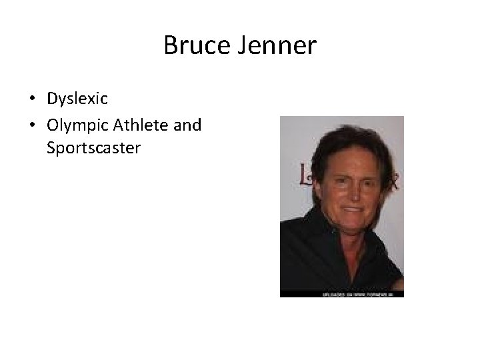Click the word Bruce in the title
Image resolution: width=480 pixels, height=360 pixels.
pos(193,46)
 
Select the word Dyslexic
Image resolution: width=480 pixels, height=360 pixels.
pos(77,99)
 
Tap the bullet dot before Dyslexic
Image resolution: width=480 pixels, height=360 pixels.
pos(32,99)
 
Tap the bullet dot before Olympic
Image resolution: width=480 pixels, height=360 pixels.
pos(32,125)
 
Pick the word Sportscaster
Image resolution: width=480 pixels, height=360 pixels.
pos(93,147)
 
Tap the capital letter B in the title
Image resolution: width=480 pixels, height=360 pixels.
pos(171,46)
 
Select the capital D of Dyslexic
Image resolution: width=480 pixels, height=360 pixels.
pos(52,99)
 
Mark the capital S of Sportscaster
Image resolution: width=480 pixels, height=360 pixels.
pos(51,147)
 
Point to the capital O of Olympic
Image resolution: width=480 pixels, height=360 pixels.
pos(53,124)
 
